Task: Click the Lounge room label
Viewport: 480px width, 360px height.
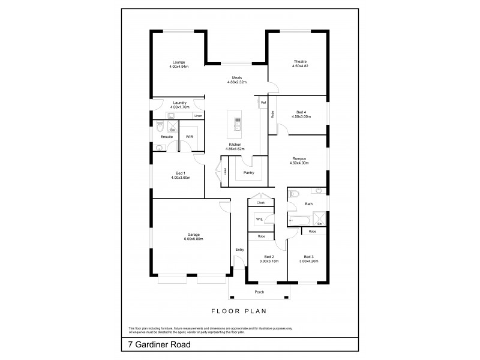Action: [179, 62]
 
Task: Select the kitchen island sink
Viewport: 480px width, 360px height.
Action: [238, 127]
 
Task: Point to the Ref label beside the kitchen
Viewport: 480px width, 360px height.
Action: [263, 103]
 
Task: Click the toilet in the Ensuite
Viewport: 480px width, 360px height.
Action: [159, 127]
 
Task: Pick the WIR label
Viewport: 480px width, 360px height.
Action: [189, 137]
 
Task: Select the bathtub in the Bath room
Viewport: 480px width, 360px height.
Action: [299, 221]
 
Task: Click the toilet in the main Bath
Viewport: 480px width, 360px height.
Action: [293, 194]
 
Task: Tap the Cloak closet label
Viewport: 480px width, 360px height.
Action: [260, 203]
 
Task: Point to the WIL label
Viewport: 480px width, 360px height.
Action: [259, 220]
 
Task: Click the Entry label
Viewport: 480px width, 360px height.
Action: [239, 250]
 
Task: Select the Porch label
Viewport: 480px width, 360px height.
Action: [259, 292]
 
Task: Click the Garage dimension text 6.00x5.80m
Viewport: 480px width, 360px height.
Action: [193, 239]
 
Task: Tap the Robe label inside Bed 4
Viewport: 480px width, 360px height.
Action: [272, 113]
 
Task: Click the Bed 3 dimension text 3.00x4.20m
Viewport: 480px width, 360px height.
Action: [308, 261]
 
